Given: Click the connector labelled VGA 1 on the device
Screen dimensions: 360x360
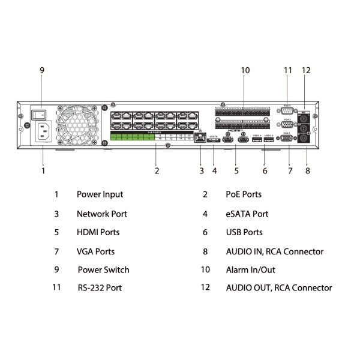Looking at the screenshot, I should tap(288, 139).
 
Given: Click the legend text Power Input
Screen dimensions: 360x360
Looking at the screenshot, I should tap(100, 194).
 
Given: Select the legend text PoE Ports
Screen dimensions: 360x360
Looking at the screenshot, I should tap(244, 194).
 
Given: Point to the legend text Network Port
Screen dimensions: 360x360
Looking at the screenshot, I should tap(101, 214).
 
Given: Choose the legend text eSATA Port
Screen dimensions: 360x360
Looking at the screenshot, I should tap(247, 214).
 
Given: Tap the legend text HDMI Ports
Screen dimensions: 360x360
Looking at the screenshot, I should tap(98, 232).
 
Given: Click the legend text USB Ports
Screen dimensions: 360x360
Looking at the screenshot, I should tap(244, 232).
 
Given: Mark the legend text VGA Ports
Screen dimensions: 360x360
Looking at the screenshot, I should tap(95, 251).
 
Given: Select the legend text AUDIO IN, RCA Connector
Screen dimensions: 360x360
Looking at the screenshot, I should tap(274, 251).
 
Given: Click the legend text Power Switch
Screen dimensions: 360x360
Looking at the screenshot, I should tap(103, 270).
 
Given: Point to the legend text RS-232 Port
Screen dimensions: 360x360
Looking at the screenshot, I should tap(100, 288).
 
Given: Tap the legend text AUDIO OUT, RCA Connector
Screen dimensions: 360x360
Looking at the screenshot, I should tap(278, 288).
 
